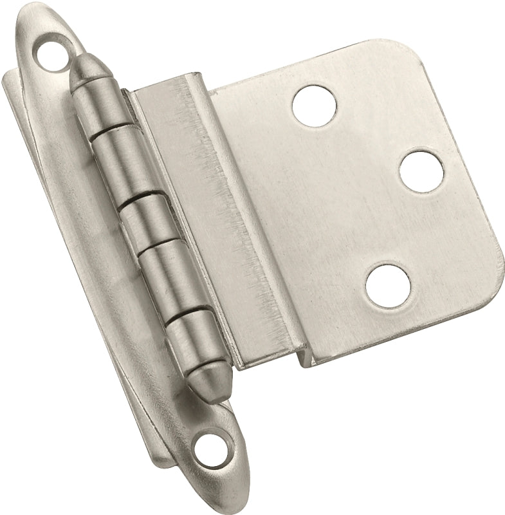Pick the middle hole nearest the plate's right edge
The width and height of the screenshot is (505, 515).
pos(422,171)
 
